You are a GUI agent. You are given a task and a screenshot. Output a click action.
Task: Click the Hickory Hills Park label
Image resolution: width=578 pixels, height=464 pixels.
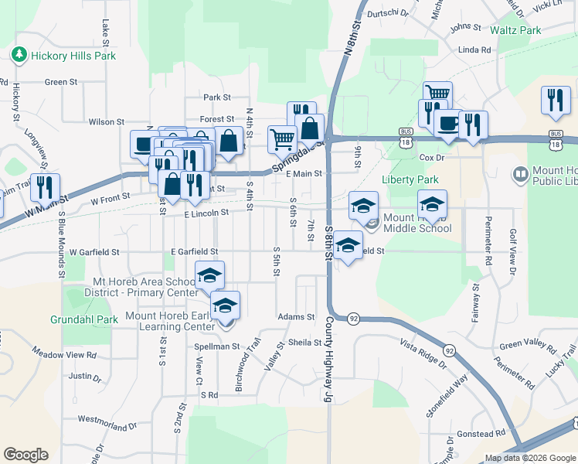click(x=73, y=56)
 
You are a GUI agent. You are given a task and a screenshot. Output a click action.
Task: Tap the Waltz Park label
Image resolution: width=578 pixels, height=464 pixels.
click(x=515, y=30)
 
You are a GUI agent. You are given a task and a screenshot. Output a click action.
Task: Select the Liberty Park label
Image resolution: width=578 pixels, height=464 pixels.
click(x=405, y=179)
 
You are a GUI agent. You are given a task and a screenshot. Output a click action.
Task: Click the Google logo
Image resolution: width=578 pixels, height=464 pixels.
click(x=25, y=455)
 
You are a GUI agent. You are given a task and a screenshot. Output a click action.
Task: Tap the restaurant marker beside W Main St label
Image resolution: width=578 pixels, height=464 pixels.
click(x=45, y=188)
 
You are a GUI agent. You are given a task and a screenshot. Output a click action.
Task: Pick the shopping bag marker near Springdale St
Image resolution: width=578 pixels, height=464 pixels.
click(x=309, y=128)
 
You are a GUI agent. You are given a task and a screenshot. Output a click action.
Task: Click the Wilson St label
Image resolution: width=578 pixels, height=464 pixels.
click(x=106, y=122)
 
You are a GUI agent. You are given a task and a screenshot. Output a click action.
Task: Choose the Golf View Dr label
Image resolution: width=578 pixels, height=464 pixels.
click(x=512, y=251)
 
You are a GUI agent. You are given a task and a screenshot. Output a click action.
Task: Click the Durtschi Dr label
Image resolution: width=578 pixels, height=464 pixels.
click(x=389, y=12)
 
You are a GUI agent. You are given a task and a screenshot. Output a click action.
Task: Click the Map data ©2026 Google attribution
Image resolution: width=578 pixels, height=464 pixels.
click(x=531, y=458)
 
